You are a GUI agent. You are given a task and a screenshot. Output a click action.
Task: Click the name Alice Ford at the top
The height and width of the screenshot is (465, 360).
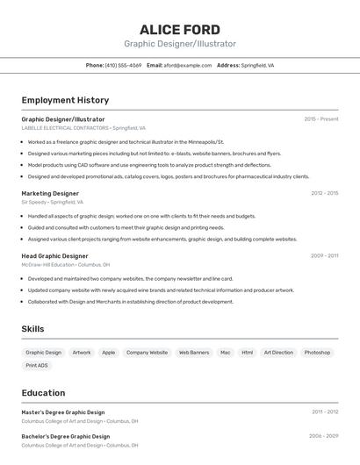click(180, 29)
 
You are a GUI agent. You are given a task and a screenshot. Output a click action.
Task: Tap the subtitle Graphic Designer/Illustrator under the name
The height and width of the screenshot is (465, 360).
click(180, 44)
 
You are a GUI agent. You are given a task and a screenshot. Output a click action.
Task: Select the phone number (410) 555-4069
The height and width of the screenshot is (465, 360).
click(123, 65)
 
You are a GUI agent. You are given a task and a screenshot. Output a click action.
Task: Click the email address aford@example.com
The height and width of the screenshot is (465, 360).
click(188, 65)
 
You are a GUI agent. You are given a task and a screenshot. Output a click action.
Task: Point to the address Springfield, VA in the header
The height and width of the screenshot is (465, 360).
click(257, 65)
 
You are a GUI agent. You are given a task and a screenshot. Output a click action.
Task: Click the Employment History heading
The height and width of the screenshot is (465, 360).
click(65, 100)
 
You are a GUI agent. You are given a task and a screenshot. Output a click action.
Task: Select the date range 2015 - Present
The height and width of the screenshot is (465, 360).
click(321, 119)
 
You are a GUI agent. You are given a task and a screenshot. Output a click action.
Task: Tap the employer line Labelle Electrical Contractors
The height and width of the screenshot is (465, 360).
click(83, 128)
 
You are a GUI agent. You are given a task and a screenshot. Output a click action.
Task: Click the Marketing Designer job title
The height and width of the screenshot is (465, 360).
click(50, 193)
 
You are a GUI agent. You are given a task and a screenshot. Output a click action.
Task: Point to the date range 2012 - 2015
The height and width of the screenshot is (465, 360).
click(324, 193)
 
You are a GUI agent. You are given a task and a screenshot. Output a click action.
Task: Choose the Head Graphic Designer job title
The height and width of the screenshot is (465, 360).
click(54, 256)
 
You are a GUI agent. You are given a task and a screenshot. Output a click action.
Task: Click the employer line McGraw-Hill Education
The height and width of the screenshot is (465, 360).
click(66, 264)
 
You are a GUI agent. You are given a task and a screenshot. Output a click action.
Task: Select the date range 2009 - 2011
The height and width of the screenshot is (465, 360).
click(324, 256)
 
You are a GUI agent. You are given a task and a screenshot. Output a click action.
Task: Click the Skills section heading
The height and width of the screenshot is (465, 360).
click(33, 329)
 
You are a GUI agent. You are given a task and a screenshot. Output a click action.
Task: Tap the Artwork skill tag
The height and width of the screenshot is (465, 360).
click(82, 353)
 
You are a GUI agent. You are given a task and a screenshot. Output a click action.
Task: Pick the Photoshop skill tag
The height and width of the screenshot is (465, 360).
click(317, 353)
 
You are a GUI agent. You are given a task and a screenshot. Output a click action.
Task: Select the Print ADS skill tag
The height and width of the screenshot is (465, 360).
click(37, 365)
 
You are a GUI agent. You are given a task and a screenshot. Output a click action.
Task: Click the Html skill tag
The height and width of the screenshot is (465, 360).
click(248, 353)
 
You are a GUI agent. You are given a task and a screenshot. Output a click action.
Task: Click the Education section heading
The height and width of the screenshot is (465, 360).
click(43, 393)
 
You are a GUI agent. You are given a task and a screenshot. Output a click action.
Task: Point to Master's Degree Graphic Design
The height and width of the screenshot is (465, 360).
click(63, 412)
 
